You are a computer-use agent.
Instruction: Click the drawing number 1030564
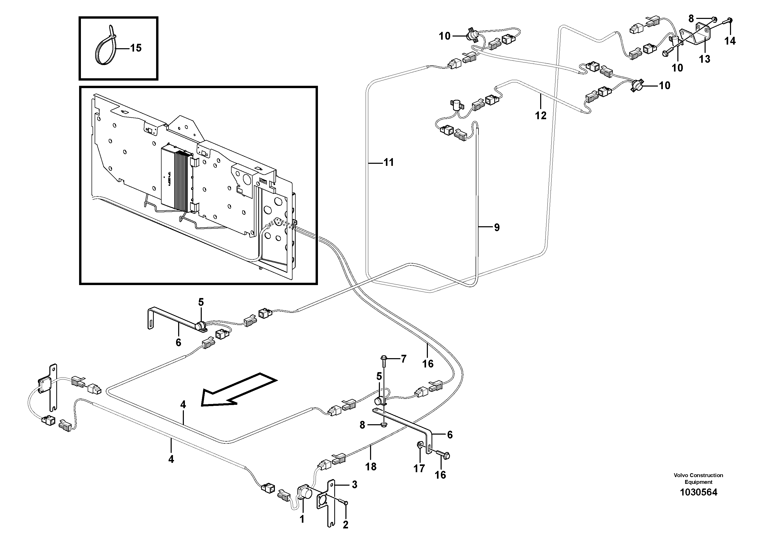click(x=698, y=493)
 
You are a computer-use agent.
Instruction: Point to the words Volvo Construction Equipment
click(x=698, y=478)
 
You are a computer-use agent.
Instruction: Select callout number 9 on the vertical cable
click(x=497, y=228)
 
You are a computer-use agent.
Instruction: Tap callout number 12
click(x=541, y=116)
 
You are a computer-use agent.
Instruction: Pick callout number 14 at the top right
click(x=730, y=41)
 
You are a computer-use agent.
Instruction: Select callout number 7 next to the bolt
click(x=404, y=359)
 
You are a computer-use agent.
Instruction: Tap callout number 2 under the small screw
click(x=345, y=525)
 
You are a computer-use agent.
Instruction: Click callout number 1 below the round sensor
click(x=302, y=519)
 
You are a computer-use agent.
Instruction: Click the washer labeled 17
click(x=420, y=445)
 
